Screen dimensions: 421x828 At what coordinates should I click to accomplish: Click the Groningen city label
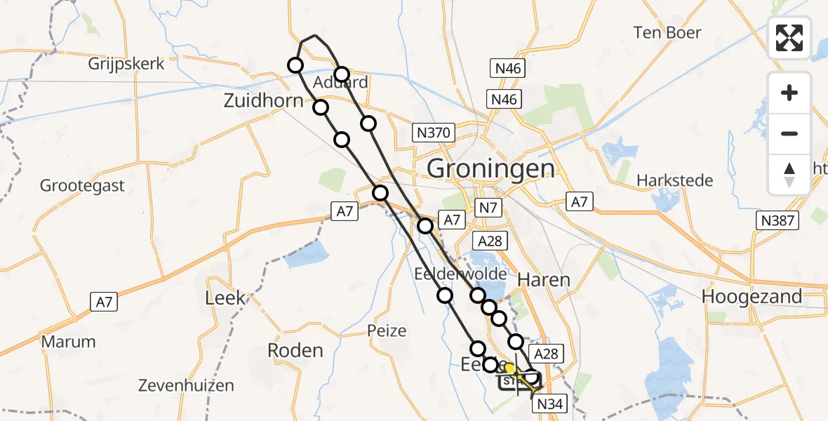pyautogui.click(x=490, y=168)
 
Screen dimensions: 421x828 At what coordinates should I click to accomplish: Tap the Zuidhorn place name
pyautogui.click(x=263, y=100)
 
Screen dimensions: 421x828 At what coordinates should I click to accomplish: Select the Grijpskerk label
pyautogui.click(x=126, y=64)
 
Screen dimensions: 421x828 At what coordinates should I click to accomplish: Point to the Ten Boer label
pyautogui.click(x=668, y=32)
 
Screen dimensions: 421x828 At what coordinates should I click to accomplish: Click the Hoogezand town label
pyautogui.click(x=752, y=296)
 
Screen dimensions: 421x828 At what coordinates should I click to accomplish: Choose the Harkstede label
pyautogui.click(x=674, y=180)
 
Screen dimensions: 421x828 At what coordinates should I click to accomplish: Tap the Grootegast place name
pyautogui.click(x=82, y=186)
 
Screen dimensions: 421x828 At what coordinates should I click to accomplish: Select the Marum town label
pyautogui.click(x=68, y=342)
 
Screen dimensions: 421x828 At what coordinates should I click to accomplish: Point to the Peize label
pyautogui.click(x=387, y=330)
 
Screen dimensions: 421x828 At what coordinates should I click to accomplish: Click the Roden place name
pyautogui.click(x=295, y=351)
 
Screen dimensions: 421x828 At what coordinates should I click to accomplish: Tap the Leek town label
pyautogui.click(x=225, y=298)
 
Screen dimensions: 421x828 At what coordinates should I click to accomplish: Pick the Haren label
pyautogui.click(x=543, y=279)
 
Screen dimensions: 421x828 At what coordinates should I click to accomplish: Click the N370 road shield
pyautogui.click(x=435, y=133)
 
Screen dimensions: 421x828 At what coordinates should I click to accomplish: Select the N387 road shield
pyautogui.click(x=779, y=221)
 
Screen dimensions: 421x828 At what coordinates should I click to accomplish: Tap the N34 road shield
pyautogui.click(x=551, y=404)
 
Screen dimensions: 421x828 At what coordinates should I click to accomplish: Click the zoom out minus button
pyautogui.click(x=789, y=133)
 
